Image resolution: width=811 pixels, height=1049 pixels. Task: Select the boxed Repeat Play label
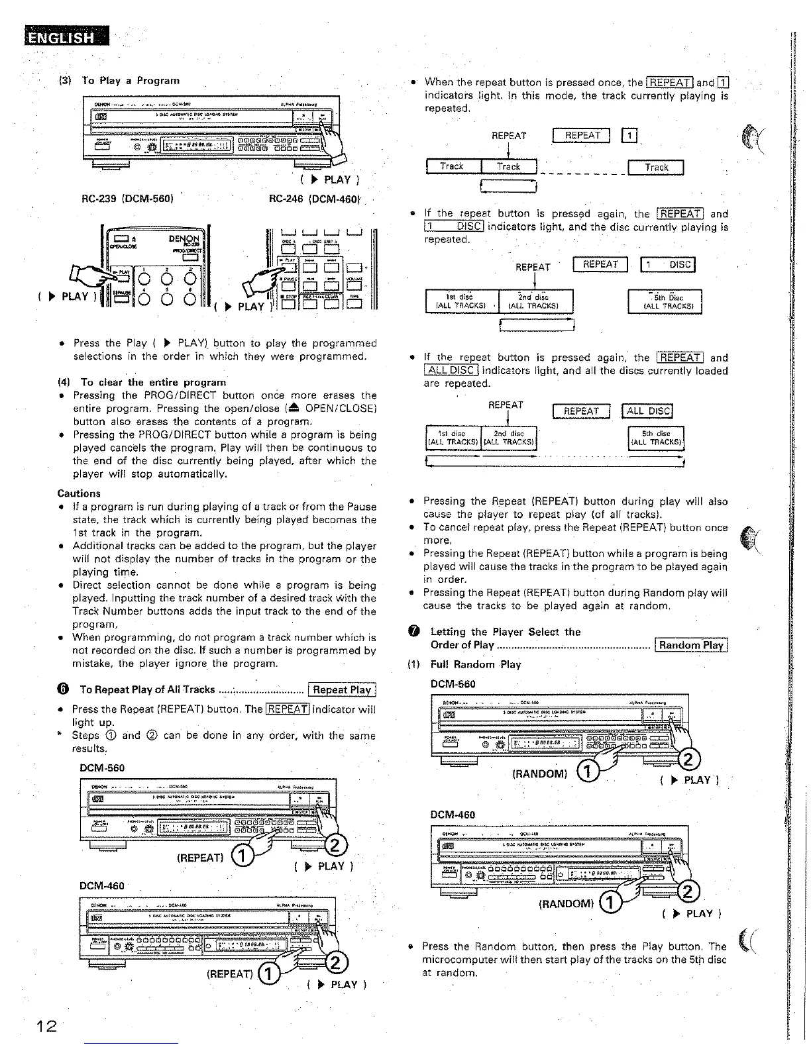coord(342,689)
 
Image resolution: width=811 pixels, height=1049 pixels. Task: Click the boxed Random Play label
coord(691,645)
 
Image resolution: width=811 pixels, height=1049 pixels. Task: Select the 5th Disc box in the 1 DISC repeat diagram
coord(664,302)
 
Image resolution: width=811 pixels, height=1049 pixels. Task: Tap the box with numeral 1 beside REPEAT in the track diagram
coord(629,136)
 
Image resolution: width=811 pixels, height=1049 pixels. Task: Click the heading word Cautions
coord(79,493)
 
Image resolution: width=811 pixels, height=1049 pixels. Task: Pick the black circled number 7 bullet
coord(414,632)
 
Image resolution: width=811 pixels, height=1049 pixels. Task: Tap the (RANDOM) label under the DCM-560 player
coord(540,774)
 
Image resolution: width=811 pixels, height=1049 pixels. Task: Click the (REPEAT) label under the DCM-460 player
coord(229,974)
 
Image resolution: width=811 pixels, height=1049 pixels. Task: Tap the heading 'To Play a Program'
coord(131,81)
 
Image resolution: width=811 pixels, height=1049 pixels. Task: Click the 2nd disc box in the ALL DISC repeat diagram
coord(508,438)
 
